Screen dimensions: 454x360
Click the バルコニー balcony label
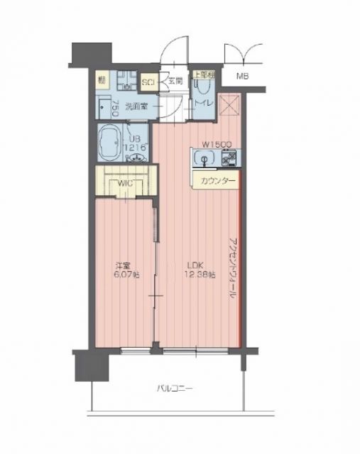pyautogui.click(x=174, y=388)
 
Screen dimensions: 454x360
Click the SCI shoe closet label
pyautogui.click(x=149, y=83)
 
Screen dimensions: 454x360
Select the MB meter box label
pyautogui.click(x=243, y=76)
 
